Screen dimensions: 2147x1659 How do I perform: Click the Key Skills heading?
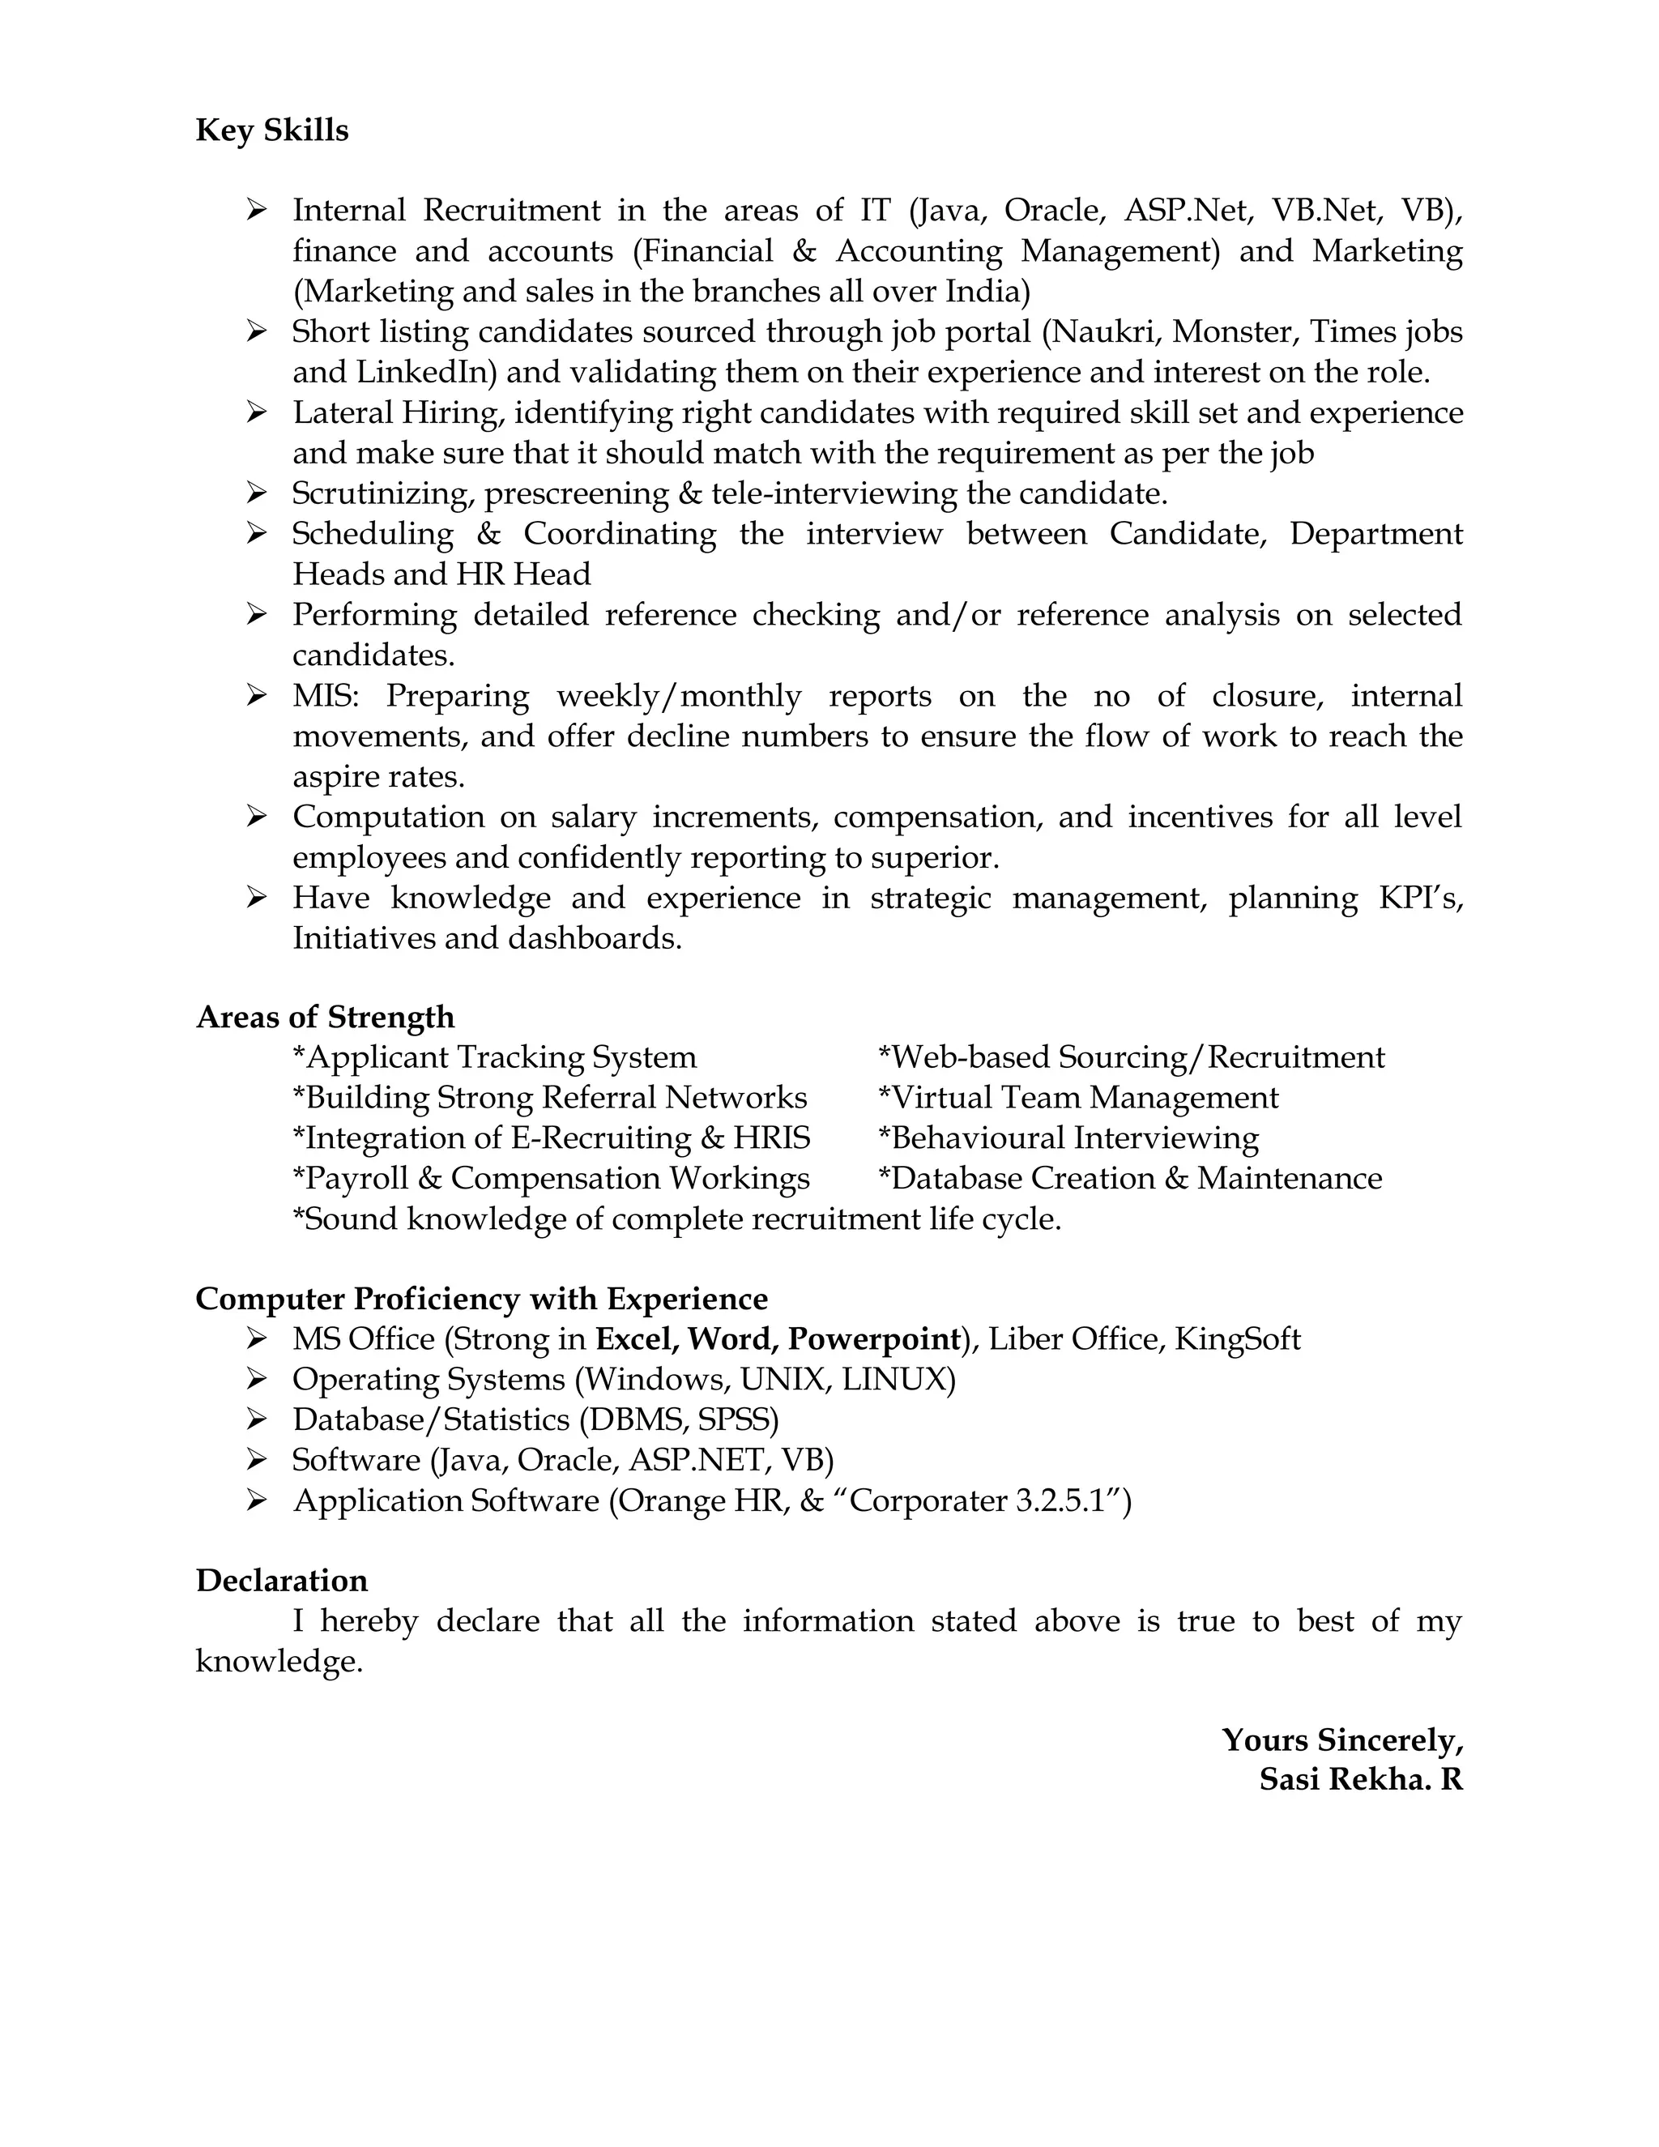coord(271,130)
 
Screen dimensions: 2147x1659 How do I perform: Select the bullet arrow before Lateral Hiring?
coord(257,412)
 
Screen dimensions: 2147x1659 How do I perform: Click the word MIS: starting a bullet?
coord(326,696)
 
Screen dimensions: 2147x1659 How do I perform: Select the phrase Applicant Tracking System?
coord(494,1058)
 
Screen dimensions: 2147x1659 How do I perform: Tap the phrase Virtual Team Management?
coord(1077,1098)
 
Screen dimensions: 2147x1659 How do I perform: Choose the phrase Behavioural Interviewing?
coord(1068,1138)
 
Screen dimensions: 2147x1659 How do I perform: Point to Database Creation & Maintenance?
coord(1129,1179)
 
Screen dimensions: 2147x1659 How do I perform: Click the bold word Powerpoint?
coord(874,1340)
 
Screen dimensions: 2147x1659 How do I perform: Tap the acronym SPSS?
coord(737,1420)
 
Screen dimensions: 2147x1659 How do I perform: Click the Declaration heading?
coord(281,1581)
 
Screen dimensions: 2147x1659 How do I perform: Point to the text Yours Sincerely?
coord(1341,1740)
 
